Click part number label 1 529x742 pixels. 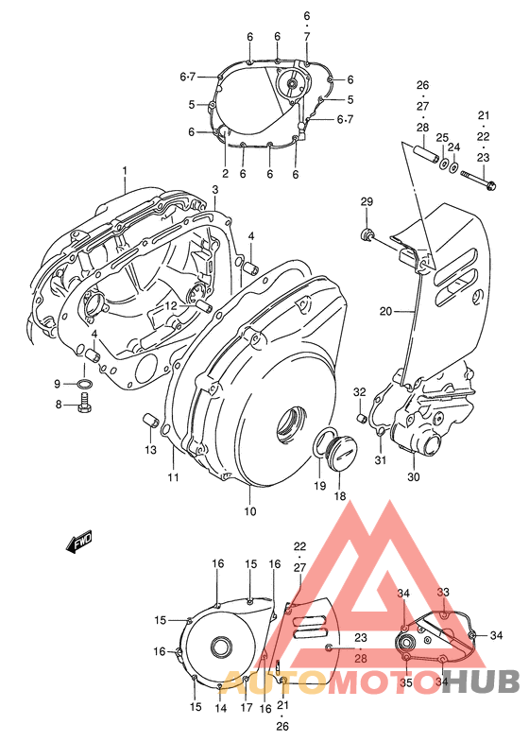point(124,170)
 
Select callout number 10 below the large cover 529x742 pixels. point(250,511)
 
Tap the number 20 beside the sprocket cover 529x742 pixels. point(385,311)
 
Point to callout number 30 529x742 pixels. point(414,476)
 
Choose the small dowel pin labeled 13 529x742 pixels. point(148,420)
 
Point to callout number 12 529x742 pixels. point(170,305)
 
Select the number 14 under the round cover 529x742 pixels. point(221,707)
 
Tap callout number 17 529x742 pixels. point(245,707)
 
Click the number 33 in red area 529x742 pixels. point(443,592)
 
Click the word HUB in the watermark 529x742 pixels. point(482,681)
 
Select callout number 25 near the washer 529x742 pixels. point(441,138)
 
